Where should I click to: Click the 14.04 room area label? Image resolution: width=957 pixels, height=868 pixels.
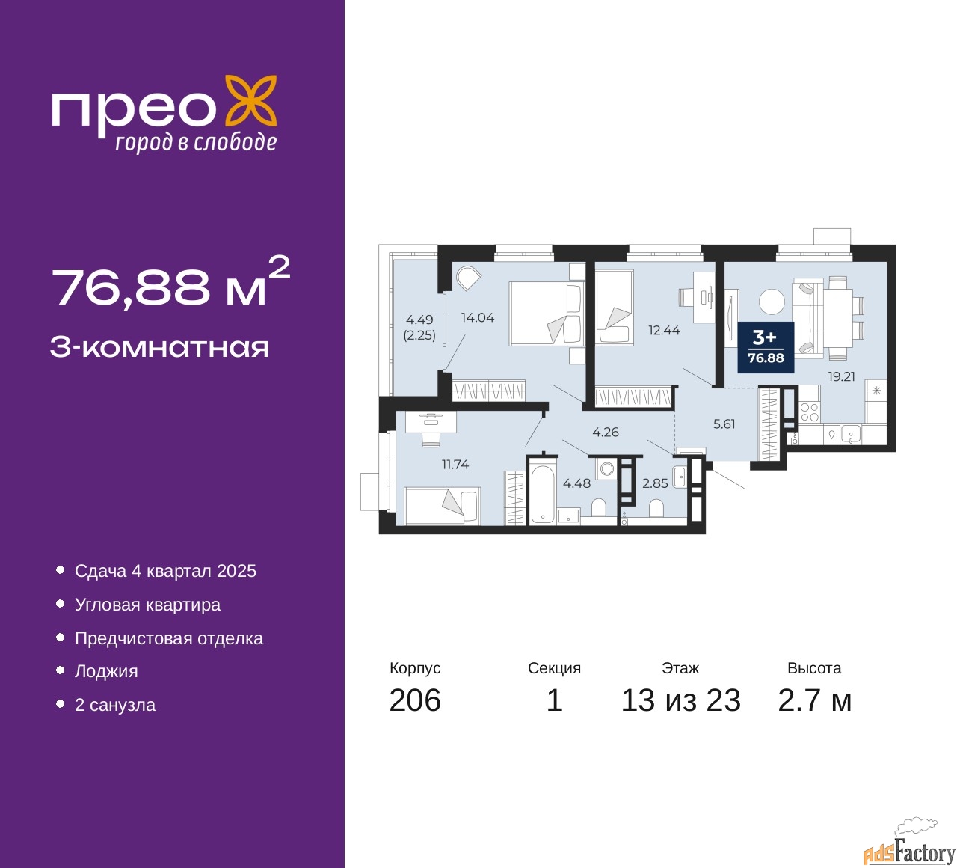478,317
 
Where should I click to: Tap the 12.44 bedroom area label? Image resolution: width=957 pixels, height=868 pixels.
664,330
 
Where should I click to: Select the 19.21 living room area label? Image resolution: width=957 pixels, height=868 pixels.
842,376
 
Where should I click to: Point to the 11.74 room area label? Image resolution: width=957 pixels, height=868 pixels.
455,464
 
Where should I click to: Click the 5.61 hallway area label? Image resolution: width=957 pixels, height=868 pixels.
724,424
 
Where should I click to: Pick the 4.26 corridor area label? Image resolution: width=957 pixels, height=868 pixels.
606,432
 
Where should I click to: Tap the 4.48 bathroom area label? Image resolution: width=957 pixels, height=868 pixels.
576,483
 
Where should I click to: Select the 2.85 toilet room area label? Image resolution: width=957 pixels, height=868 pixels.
655,483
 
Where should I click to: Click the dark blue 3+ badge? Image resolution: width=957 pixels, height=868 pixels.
766,347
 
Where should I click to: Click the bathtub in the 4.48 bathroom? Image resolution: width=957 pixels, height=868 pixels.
543,494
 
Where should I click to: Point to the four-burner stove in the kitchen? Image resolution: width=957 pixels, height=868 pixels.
809,412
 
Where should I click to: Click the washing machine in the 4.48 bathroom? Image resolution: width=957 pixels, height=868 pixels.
607,468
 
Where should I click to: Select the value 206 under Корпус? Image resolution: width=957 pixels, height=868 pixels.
415,700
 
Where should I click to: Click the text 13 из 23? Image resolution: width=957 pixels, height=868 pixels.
681,700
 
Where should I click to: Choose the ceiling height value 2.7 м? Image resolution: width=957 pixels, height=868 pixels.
814,700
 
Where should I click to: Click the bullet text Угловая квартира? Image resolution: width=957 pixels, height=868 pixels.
148,605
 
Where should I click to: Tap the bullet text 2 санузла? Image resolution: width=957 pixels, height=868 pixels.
115,705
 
